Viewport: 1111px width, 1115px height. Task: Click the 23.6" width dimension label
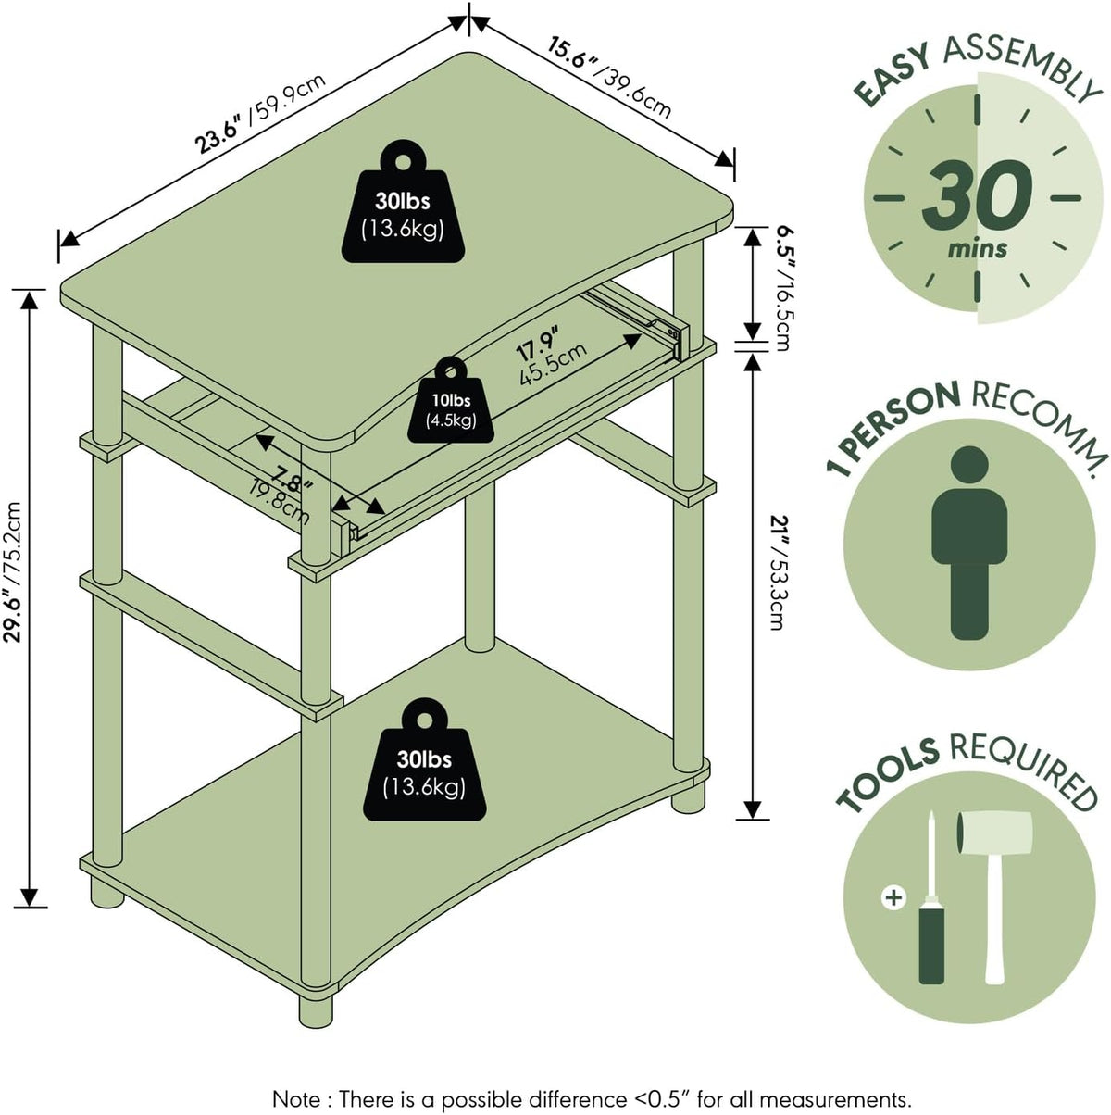point(260,115)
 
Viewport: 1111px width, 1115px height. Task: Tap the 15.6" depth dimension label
point(609,79)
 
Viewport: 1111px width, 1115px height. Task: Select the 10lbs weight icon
point(451,400)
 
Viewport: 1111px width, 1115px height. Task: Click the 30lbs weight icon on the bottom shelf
point(424,759)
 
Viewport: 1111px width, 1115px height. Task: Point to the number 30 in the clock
point(976,194)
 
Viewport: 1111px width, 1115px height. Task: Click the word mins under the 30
point(977,249)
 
